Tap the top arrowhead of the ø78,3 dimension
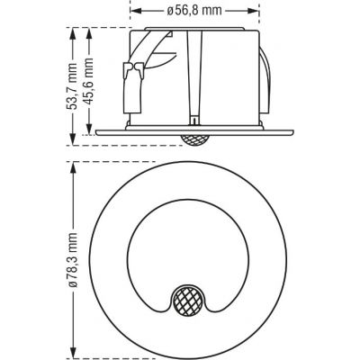point(74,166)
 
